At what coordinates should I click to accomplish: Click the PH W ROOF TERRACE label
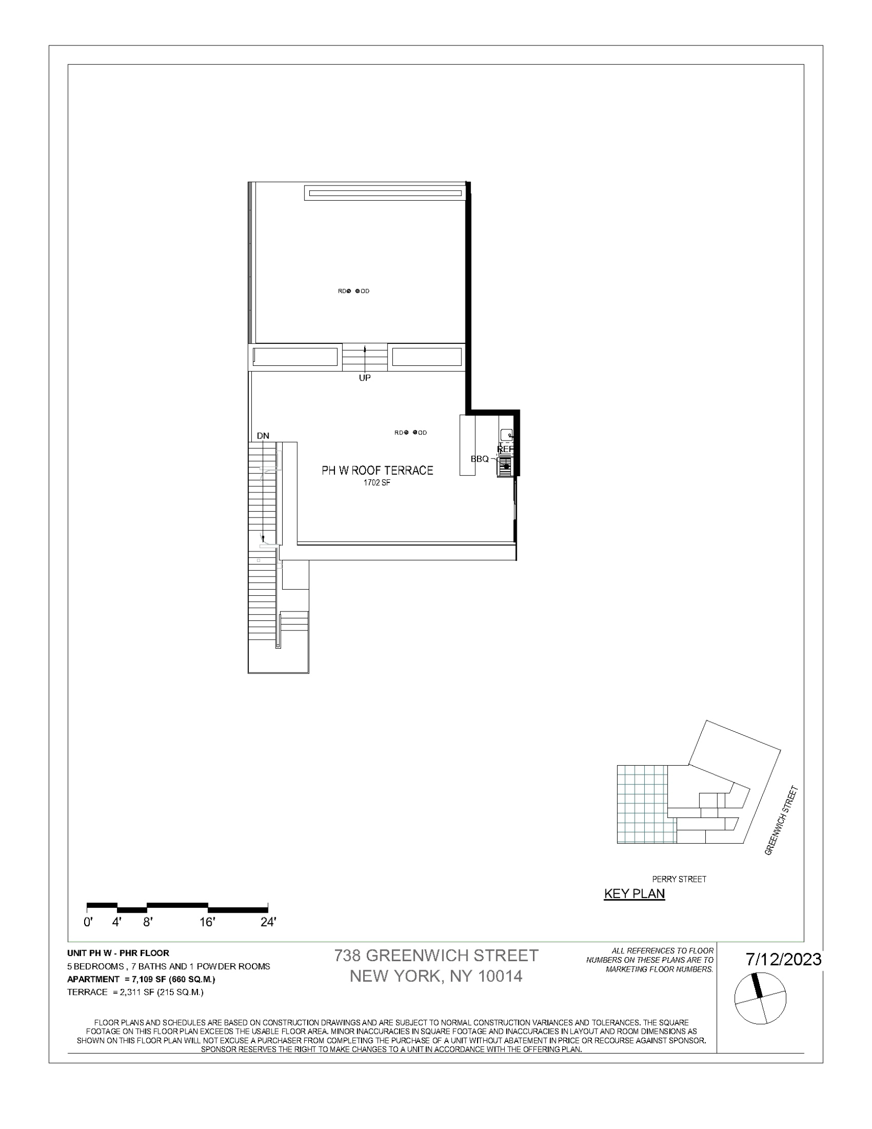coord(377,470)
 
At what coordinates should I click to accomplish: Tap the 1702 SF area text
coord(377,483)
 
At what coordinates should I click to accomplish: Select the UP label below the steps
coord(365,378)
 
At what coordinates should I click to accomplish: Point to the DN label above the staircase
coord(263,436)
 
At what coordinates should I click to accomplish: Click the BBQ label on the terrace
coord(480,459)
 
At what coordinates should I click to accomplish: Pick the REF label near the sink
coord(506,449)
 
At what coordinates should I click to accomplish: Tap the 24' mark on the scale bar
coord(268,923)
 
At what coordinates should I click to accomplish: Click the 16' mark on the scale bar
coord(207,923)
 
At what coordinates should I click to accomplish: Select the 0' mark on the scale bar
coord(88,923)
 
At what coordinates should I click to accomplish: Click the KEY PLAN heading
coord(634,894)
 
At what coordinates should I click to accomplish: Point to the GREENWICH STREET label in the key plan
coord(782,820)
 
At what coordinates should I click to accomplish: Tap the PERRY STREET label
coord(679,879)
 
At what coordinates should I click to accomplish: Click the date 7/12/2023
coord(783,960)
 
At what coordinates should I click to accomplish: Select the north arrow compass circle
coord(760,999)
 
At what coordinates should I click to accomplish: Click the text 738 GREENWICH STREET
coord(436,955)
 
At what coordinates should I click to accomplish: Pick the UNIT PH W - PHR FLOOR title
coord(118,953)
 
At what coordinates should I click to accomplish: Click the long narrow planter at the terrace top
coord(385,193)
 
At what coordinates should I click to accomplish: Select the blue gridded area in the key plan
coord(642,804)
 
